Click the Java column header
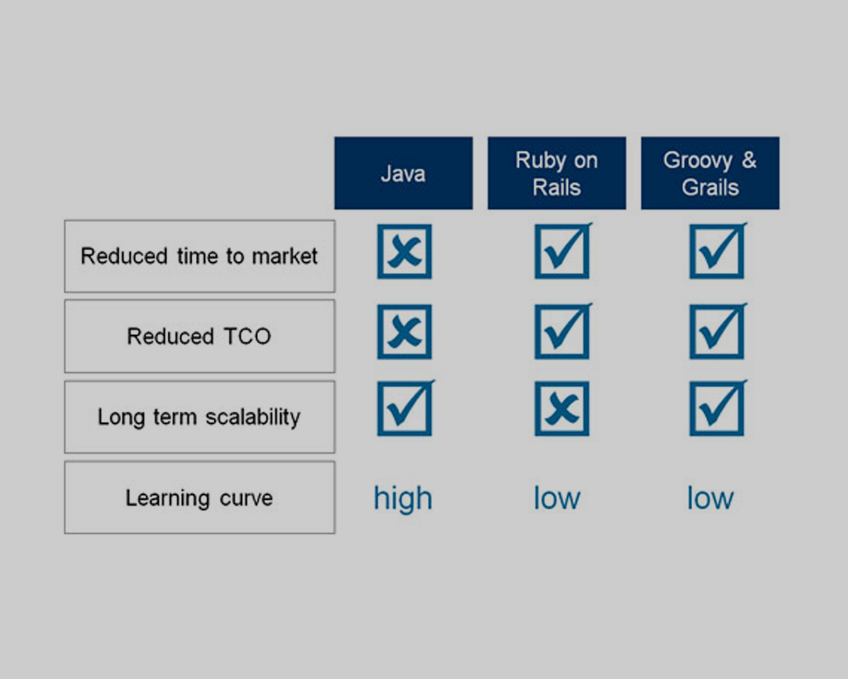403,173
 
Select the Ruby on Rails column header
557,173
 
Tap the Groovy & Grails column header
710,173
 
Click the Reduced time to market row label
200,257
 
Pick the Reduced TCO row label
200,336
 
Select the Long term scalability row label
200,417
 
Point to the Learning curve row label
200,497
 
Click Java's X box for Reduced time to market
405,251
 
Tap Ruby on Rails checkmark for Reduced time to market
563,251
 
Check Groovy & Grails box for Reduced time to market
718,251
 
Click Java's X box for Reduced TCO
405,332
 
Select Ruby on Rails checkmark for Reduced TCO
563,331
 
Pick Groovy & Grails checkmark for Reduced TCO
718,331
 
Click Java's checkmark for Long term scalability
406,408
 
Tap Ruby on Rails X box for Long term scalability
562,409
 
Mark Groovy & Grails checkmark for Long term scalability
718,408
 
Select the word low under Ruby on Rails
557,498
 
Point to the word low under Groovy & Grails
710,498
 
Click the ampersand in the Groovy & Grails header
749,160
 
